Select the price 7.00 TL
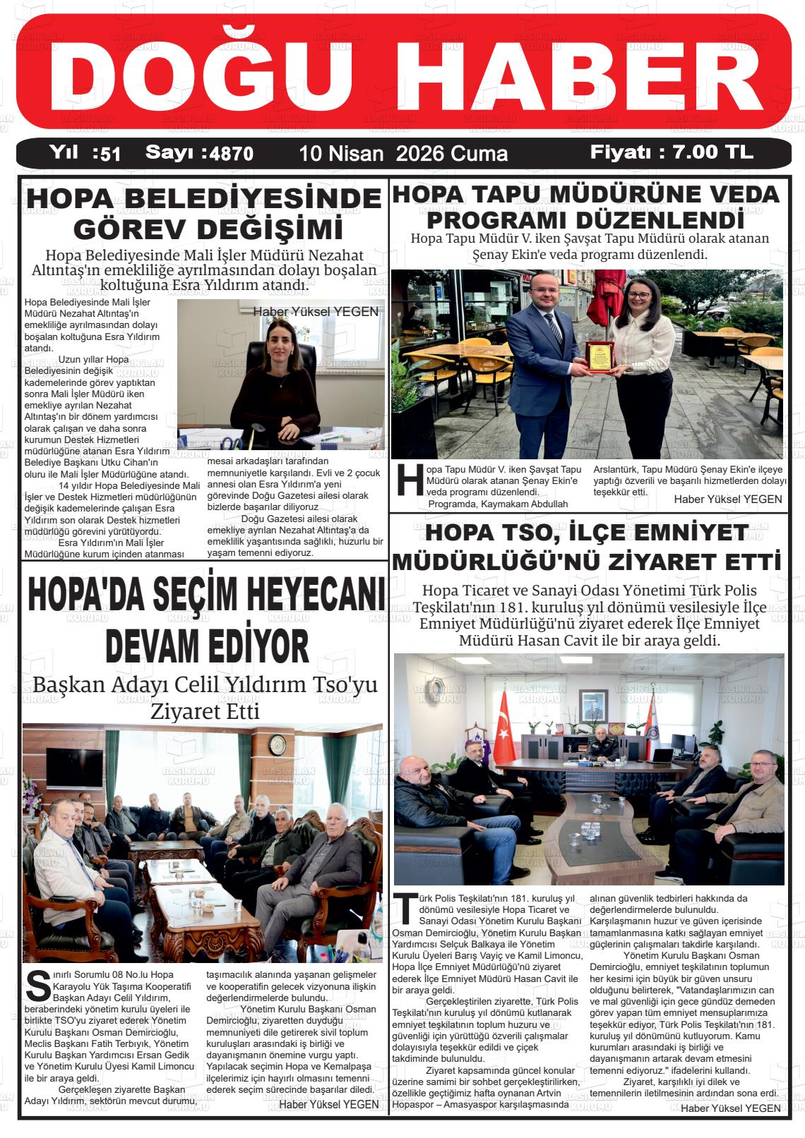coord(712,152)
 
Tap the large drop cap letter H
coord(410,480)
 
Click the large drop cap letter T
coord(405,908)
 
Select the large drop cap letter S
coord(37,985)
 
